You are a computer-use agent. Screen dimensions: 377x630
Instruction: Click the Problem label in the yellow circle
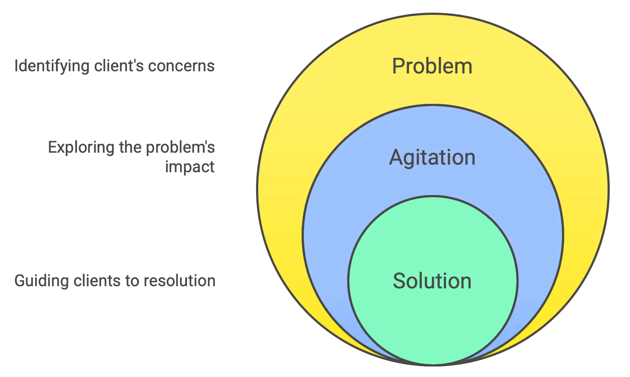click(x=432, y=66)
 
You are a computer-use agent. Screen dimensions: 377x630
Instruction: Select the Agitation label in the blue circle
click(x=432, y=158)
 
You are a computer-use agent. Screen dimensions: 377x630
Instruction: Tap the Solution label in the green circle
click(x=432, y=281)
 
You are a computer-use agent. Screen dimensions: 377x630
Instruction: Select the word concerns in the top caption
click(x=181, y=66)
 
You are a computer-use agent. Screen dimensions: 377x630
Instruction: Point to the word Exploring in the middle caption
click(x=81, y=148)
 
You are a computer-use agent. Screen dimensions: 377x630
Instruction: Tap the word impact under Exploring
click(x=191, y=167)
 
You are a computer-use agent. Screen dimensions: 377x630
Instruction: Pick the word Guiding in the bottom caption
click(x=42, y=281)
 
